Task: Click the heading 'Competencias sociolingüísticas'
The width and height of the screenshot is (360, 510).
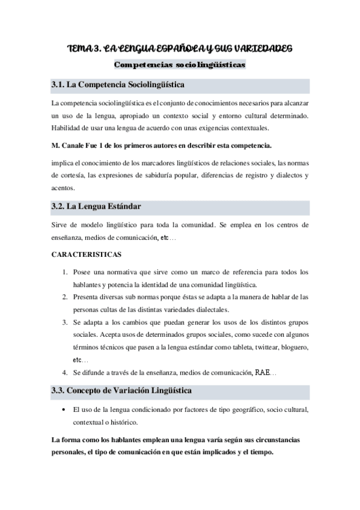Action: pos(179,64)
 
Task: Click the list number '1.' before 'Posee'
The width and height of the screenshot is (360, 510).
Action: pos(66,272)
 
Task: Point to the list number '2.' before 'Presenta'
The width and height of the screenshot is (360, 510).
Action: pos(66,297)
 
